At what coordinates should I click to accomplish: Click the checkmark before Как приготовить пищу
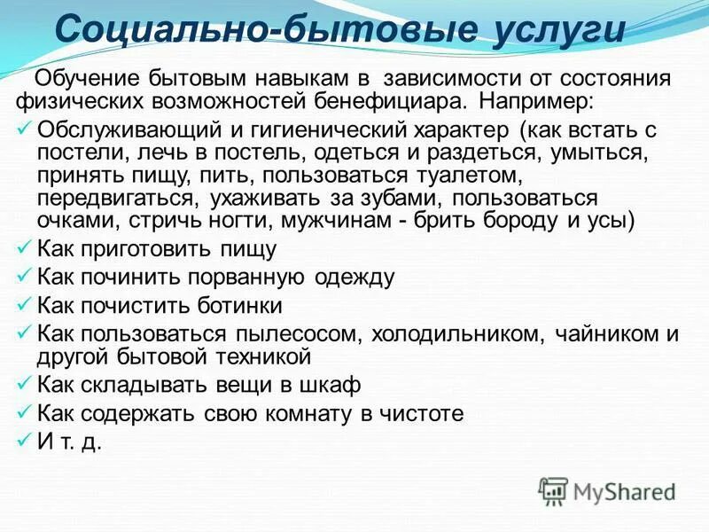[25, 249]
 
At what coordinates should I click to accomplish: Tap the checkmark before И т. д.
[25, 440]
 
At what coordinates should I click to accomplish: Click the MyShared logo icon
[553, 490]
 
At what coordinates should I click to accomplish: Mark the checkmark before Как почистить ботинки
[25, 304]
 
